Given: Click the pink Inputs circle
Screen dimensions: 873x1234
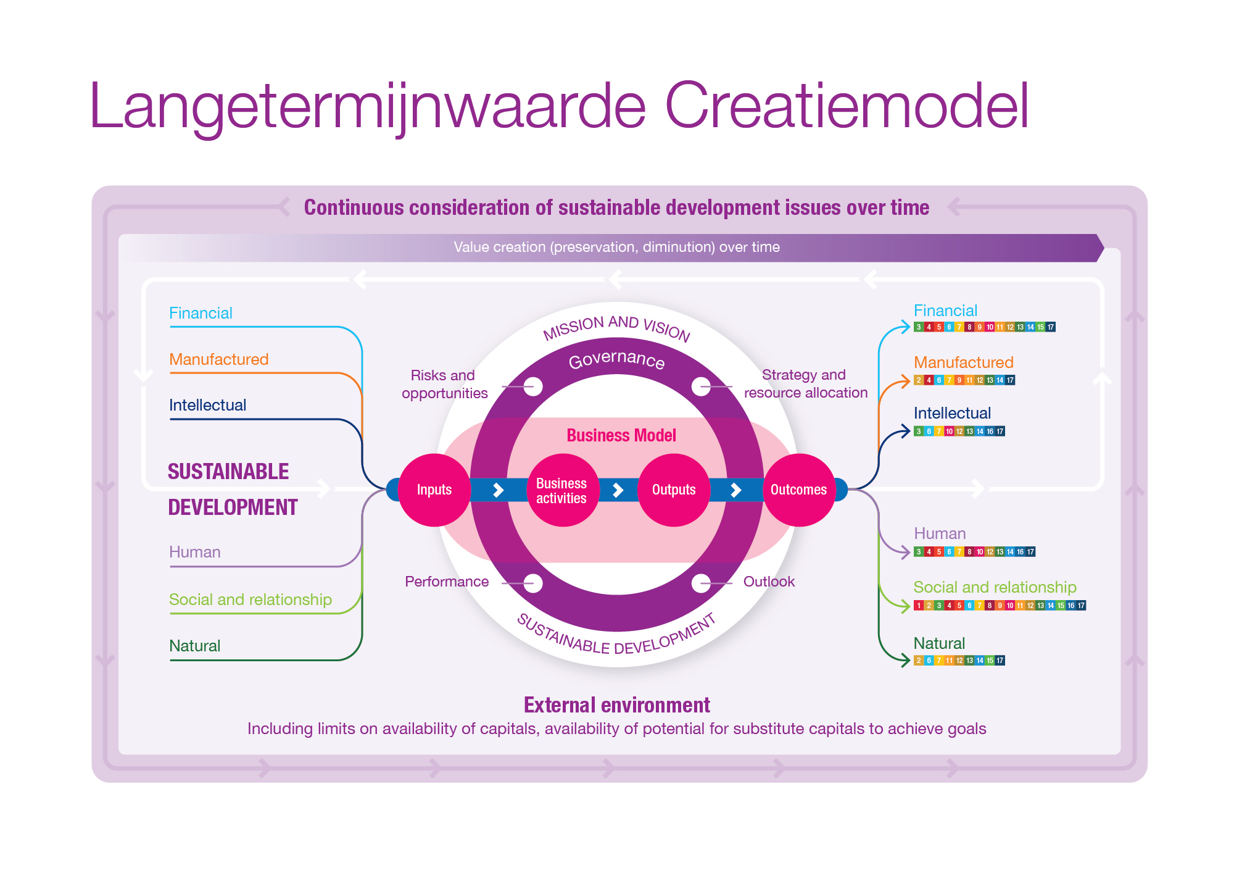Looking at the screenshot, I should pos(434,490).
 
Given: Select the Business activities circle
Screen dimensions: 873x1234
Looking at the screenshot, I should pos(561,490).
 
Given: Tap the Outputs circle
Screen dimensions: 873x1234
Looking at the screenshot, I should pos(674,490).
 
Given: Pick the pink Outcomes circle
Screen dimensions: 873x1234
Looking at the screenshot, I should pos(799,490).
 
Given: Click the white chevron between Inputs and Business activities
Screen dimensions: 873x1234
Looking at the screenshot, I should pos(499,490).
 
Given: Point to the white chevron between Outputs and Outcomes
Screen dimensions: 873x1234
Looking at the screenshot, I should pos(736,490).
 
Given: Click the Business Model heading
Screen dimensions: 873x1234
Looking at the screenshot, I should pos(621,435).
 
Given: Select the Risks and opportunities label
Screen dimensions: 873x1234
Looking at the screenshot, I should pos(444,384).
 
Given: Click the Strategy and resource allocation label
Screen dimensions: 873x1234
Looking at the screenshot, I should pos(805,383).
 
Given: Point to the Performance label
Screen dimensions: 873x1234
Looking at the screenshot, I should pos(447,582).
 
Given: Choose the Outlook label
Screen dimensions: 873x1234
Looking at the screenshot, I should pos(769,582).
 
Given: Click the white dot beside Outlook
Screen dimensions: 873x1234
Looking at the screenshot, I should pos(701,583).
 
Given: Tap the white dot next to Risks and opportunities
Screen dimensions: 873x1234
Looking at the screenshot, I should pos(533,387).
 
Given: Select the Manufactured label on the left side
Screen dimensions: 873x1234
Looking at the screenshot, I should pos(219,359).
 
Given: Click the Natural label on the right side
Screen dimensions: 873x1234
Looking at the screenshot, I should pos(939,643).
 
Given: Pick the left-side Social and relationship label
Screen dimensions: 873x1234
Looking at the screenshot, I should pos(251,599).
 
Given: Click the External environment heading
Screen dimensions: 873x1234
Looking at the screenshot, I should pos(617,705).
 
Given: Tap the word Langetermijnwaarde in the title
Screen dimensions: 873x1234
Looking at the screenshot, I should pos(368,106).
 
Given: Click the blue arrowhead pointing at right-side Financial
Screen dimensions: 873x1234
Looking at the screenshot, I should pos(905,326).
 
